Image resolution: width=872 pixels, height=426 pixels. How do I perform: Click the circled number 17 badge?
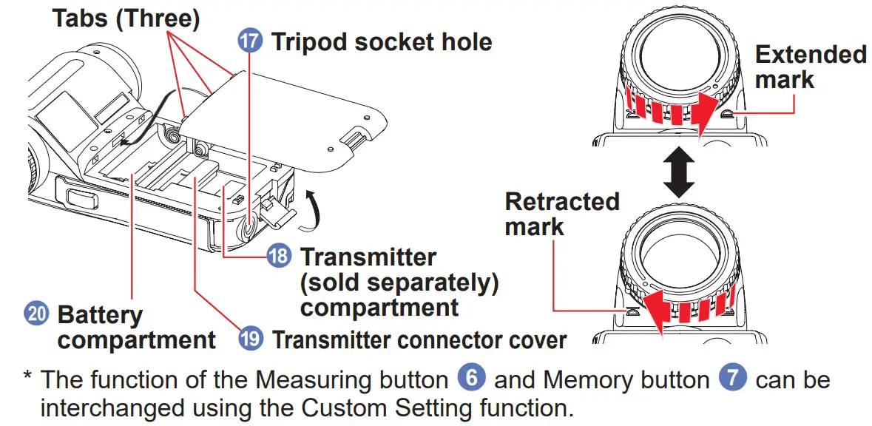point(250,41)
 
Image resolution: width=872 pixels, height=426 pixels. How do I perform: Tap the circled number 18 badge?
point(280,257)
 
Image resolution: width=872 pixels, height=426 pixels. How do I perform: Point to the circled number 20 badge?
point(36,314)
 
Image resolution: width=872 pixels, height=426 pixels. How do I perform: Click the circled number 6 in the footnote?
point(471,379)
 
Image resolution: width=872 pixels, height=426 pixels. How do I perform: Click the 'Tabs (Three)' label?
point(126,18)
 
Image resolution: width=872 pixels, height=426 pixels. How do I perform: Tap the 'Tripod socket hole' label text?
point(381,41)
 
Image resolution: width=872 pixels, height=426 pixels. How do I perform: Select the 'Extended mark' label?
point(809,67)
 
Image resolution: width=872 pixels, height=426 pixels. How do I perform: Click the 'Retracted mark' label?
point(561,213)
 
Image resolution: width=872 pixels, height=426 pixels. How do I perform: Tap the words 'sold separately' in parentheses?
point(399,282)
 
